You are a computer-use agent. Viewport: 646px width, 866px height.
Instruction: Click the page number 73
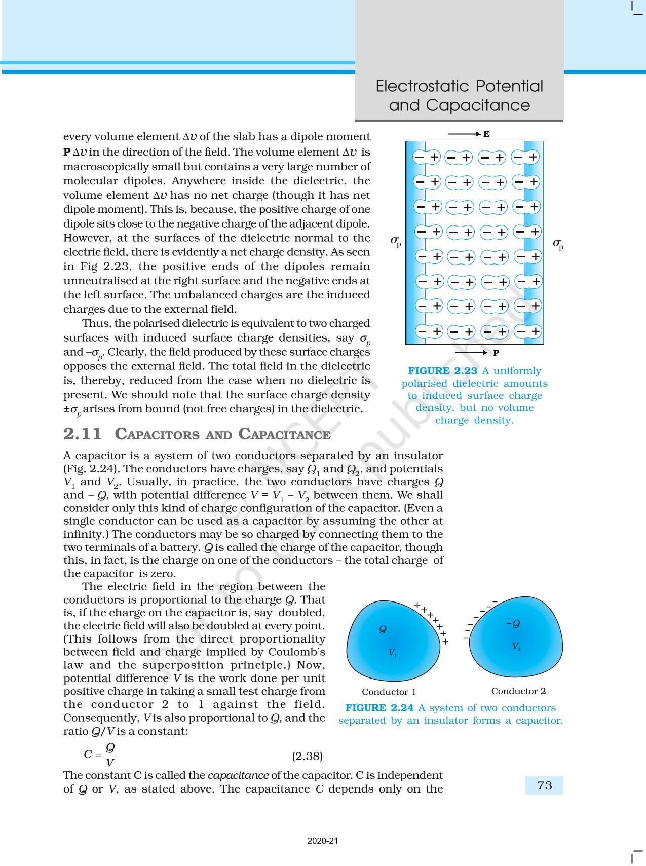(x=544, y=785)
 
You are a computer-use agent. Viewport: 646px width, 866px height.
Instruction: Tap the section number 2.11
(x=83, y=434)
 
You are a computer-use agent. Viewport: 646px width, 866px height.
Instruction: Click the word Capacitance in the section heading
(x=284, y=434)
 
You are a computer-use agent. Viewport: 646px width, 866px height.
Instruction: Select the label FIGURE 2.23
(x=442, y=371)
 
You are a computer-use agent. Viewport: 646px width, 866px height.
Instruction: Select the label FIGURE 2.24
(x=379, y=708)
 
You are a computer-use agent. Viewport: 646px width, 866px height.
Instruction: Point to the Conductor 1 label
(x=389, y=692)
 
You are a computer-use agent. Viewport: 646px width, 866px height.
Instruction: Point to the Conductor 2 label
(x=518, y=691)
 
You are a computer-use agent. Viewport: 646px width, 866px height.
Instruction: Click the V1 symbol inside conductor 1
(x=392, y=653)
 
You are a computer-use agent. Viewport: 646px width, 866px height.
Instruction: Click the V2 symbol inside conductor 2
(x=516, y=646)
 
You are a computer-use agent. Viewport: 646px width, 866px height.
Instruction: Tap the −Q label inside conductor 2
(x=513, y=623)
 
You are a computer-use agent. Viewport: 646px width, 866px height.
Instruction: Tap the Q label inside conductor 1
(x=383, y=629)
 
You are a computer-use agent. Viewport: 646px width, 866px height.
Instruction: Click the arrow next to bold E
(x=464, y=134)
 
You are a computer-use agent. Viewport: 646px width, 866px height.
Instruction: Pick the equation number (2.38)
(x=307, y=756)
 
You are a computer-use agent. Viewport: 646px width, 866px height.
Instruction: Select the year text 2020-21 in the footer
(x=322, y=841)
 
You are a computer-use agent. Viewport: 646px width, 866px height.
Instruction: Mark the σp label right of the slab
(x=558, y=244)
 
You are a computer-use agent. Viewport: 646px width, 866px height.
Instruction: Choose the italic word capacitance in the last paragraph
(x=238, y=775)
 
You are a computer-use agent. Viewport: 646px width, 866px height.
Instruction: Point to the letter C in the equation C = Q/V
(x=88, y=755)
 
